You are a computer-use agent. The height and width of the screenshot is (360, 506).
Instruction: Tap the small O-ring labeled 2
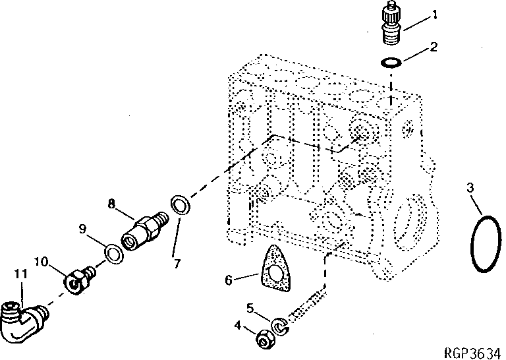tap(391, 63)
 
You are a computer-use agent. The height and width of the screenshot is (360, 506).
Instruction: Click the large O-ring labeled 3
tap(486, 243)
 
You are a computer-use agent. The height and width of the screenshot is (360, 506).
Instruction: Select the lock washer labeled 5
tap(280, 325)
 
